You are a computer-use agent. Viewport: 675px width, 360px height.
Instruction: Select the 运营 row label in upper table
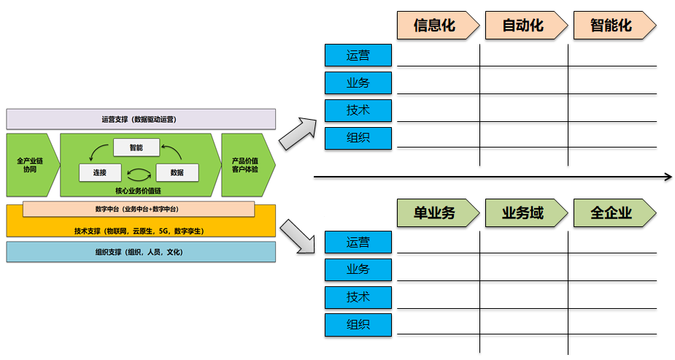pos(358,55)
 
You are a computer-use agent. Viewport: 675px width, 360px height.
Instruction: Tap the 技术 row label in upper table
pos(358,110)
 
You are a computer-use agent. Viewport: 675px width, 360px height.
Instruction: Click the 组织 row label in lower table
pos(358,325)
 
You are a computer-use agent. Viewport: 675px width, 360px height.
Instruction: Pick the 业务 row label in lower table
pos(358,269)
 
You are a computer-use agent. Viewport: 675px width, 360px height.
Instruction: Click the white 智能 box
pos(136,148)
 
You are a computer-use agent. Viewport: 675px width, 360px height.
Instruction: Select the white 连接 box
pos(100,173)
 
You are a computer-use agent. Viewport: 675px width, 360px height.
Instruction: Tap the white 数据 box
pos(177,173)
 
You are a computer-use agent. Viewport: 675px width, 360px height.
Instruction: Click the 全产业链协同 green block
pos(30,164)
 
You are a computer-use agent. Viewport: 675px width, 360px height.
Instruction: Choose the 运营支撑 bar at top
pos(141,119)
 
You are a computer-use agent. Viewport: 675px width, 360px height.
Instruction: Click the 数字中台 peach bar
pos(138,210)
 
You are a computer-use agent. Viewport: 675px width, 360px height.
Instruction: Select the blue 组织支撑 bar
pos(141,252)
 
